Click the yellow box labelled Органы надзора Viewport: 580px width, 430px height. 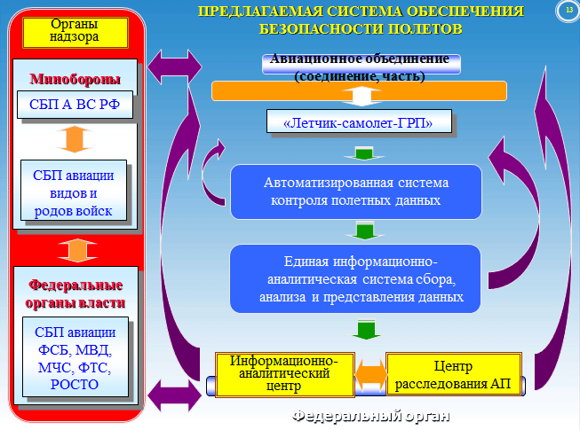tap(75, 33)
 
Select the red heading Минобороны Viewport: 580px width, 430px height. tap(75, 79)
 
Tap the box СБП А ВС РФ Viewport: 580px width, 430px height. tap(75, 105)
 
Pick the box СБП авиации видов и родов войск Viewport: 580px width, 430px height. tap(74, 190)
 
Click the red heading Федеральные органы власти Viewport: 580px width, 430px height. tap(75, 293)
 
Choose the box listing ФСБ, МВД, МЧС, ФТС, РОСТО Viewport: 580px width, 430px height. tap(75, 357)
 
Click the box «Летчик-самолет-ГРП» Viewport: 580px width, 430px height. tap(359, 121)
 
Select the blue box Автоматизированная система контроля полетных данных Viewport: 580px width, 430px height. tap(356, 192)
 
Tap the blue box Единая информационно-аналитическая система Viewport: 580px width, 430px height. tap(355, 278)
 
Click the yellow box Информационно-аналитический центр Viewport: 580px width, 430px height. tap(285, 374)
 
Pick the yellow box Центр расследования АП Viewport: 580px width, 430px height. tap(454, 373)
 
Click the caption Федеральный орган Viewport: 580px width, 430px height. tap(370, 416)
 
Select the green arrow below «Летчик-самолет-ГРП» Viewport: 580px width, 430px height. tap(364, 153)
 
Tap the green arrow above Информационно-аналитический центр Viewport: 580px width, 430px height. tap(366, 330)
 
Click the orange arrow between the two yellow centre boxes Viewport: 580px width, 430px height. tap(370, 375)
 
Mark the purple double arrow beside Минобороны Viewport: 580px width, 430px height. tap(175, 66)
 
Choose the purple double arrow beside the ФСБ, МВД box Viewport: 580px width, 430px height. tap(175, 395)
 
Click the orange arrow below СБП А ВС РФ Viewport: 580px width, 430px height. tap(75, 139)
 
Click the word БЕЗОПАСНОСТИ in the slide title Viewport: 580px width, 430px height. tap(321, 28)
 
